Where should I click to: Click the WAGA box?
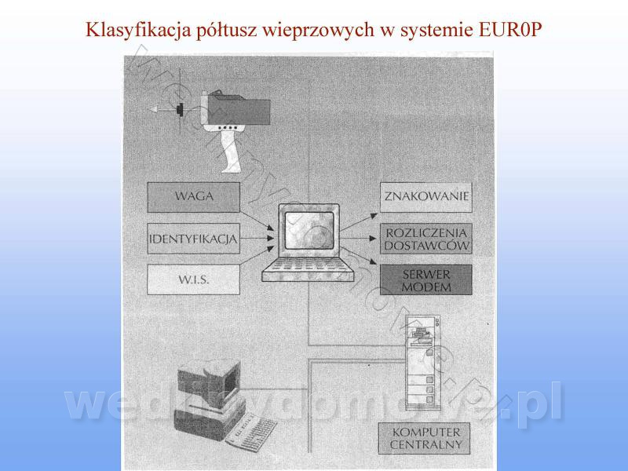click(193, 196)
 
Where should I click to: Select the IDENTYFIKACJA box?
click(193, 238)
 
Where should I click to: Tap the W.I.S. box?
click(193, 279)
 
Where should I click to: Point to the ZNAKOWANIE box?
click(426, 196)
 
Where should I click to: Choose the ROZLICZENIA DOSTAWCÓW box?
click(426, 239)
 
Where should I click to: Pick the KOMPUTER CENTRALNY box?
click(426, 439)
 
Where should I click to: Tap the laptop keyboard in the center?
click(302, 271)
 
